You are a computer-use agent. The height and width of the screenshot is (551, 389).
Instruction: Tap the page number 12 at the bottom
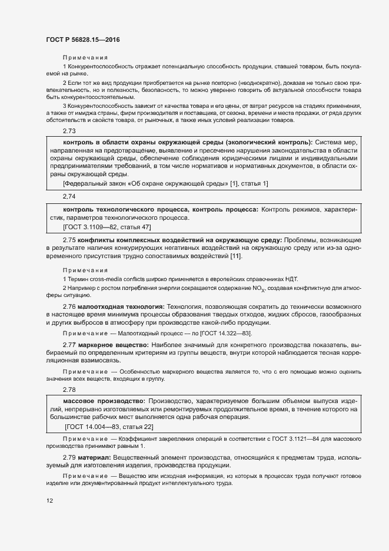tap(49, 500)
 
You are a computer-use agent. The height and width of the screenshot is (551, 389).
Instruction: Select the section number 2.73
tap(69, 131)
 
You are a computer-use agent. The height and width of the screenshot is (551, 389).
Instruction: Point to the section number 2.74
tap(69, 196)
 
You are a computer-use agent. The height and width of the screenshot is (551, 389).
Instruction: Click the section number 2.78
tap(69, 390)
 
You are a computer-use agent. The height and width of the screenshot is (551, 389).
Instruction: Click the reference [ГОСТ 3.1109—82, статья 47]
tap(107, 226)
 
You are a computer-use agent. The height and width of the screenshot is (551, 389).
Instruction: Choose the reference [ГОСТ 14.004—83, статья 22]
tap(109, 426)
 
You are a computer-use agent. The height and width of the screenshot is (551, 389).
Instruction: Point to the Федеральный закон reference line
tap(165, 184)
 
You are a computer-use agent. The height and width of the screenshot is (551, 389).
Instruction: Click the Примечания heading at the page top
tap(85, 58)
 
